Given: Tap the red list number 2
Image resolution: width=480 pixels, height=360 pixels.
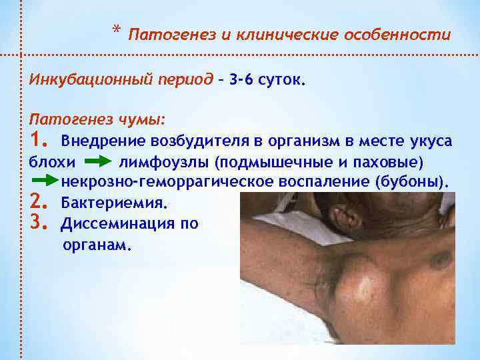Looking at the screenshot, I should pyautogui.click(x=39, y=201).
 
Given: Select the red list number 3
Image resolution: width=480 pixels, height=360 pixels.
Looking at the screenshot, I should pyautogui.click(x=39, y=222).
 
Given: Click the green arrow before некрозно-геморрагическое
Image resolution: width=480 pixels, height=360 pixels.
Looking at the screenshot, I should pyautogui.click(x=45, y=181).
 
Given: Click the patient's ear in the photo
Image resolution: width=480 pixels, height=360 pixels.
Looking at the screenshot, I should pyautogui.click(x=347, y=217).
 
